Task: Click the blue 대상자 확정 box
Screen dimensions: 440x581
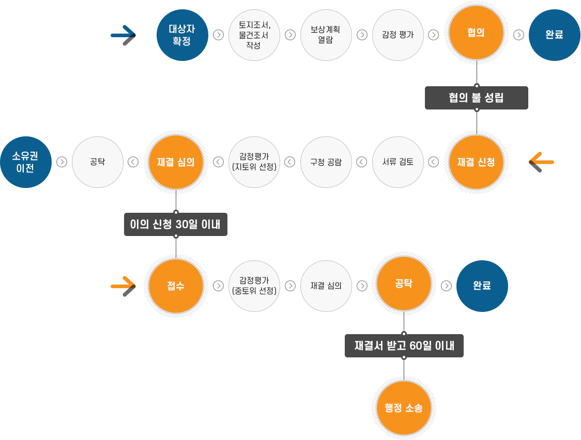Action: click(x=182, y=35)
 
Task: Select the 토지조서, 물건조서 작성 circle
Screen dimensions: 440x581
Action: click(x=254, y=35)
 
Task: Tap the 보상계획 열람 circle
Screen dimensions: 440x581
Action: click(x=326, y=35)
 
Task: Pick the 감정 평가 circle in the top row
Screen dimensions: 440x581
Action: click(x=397, y=35)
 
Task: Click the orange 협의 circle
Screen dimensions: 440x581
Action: click(x=476, y=33)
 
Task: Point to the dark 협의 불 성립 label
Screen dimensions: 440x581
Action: click(x=476, y=98)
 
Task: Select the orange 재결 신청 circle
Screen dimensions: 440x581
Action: click(x=476, y=162)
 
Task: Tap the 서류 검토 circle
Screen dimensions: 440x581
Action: click(x=397, y=162)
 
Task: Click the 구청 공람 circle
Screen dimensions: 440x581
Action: click(x=326, y=162)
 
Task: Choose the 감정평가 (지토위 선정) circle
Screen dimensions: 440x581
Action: click(x=254, y=162)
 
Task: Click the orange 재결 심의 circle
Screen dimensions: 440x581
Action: click(x=176, y=162)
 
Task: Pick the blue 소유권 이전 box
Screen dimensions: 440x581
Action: click(x=26, y=162)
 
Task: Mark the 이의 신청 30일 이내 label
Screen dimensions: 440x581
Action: click(x=176, y=225)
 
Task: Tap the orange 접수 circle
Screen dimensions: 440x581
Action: click(x=176, y=286)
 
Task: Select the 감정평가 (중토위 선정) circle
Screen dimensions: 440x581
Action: click(x=254, y=286)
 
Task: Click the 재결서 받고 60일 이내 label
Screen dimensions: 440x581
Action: click(x=404, y=345)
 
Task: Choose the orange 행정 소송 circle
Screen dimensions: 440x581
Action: click(x=404, y=408)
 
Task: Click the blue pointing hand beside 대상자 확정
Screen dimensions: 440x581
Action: click(x=125, y=35)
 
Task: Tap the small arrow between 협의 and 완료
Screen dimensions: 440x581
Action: click(x=518, y=35)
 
